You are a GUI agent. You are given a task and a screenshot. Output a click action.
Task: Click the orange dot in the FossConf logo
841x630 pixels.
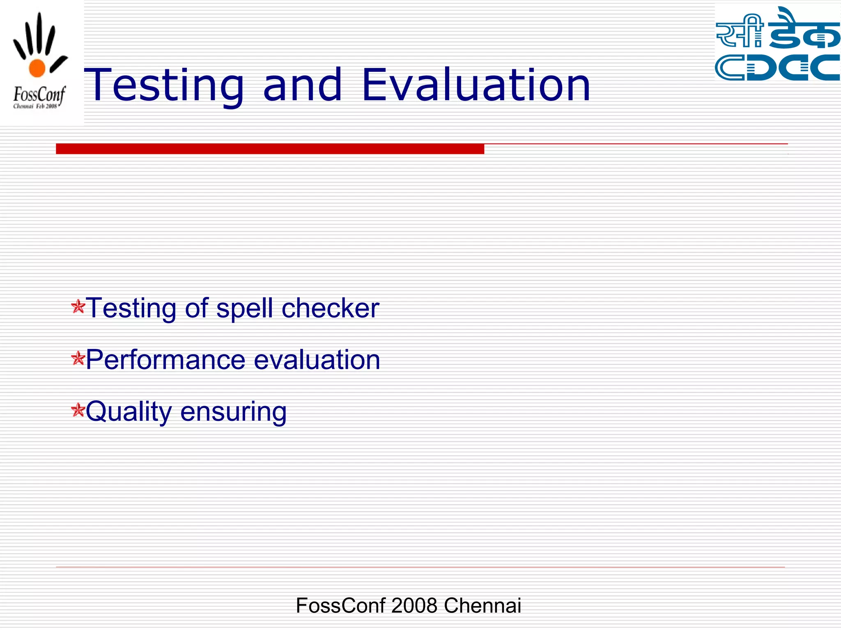[37, 68]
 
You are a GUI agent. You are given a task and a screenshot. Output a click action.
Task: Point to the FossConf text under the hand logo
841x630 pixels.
[39, 95]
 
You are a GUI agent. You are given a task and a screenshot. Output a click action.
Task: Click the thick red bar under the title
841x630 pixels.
[270, 148]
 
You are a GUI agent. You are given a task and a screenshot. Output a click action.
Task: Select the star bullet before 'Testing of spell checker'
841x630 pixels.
[78, 307]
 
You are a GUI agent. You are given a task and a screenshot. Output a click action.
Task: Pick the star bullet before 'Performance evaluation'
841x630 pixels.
[78, 359]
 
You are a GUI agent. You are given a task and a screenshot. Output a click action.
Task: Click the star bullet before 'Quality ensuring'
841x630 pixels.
[78, 410]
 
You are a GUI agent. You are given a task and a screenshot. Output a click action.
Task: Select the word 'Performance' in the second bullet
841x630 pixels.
[165, 360]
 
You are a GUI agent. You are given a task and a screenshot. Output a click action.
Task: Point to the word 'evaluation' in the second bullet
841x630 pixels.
[317, 360]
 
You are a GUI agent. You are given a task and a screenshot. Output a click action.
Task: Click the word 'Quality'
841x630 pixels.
[129, 412]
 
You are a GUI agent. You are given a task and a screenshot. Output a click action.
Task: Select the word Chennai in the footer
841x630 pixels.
[482, 605]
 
